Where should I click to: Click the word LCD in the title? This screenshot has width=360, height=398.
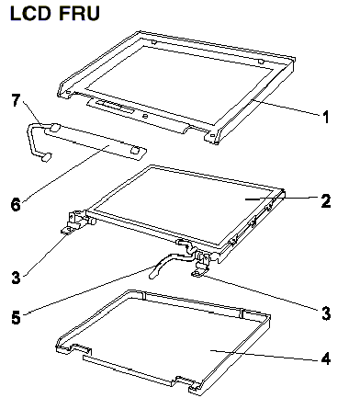(x=30, y=14)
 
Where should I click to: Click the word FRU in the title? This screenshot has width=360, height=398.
(x=79, y=14)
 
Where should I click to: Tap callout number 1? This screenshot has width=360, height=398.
(x=326, y=117)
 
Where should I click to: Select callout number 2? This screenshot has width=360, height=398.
(x=326, y=200)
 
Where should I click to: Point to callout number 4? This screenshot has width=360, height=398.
(x=326, y=358)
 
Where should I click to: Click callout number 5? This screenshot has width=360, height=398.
(x=16, y=317)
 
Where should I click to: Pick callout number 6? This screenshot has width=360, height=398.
(x=16, y=204)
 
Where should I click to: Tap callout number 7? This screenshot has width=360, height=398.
(x=16, y=100)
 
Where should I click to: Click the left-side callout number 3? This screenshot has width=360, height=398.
(x=16, y=278)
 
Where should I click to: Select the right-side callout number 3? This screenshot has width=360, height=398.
(x=326, y=313)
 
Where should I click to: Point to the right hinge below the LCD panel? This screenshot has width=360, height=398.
(x=200, y=263)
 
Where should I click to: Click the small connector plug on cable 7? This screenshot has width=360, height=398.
(x=46, y=158)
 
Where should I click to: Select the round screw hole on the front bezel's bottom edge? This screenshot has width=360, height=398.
(x=145, y=116)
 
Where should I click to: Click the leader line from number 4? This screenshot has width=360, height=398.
(x=265, y=356)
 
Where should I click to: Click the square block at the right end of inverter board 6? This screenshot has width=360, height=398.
(x=135, y=150)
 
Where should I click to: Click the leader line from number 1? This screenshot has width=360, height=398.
(x=286, y=107)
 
